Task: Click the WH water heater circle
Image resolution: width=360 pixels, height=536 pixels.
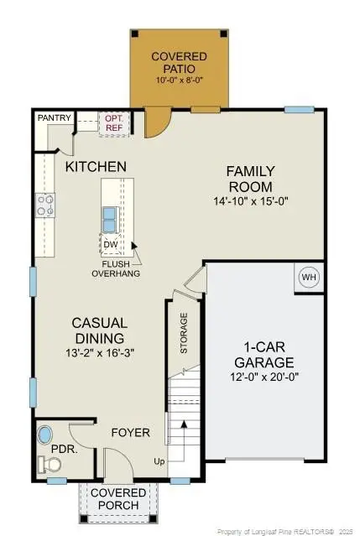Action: (309, 277)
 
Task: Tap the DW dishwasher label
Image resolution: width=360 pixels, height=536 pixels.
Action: (111, 245)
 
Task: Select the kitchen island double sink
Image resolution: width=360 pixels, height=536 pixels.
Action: (110, 219)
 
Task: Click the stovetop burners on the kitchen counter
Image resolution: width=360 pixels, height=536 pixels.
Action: (45, 206)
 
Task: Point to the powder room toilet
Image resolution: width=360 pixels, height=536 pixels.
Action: (50, 465)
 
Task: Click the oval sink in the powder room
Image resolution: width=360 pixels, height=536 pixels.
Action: (44, 435)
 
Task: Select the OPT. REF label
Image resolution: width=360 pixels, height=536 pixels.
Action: (114, 123)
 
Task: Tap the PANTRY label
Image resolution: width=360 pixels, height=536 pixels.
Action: (55, 118)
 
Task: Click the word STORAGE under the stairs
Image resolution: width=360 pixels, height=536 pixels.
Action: (184, 333)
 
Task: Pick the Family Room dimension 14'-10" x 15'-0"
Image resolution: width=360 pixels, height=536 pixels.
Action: (251, 201)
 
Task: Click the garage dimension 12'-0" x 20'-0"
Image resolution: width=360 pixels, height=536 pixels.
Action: (264, 377)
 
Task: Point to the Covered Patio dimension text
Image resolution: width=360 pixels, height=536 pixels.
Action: (180, 81)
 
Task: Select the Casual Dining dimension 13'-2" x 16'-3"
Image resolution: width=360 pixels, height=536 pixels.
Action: (100, 352)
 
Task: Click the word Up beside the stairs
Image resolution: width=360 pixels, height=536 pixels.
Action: (159, 461)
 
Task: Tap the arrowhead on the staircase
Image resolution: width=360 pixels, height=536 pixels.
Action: (185, 424)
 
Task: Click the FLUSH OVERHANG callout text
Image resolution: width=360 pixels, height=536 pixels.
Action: (116, 268)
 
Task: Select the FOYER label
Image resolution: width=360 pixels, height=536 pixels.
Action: (131, 433)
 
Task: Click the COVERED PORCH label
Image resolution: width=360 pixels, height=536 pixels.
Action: (118, 499)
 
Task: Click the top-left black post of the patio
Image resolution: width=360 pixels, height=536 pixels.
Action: (135, 34)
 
